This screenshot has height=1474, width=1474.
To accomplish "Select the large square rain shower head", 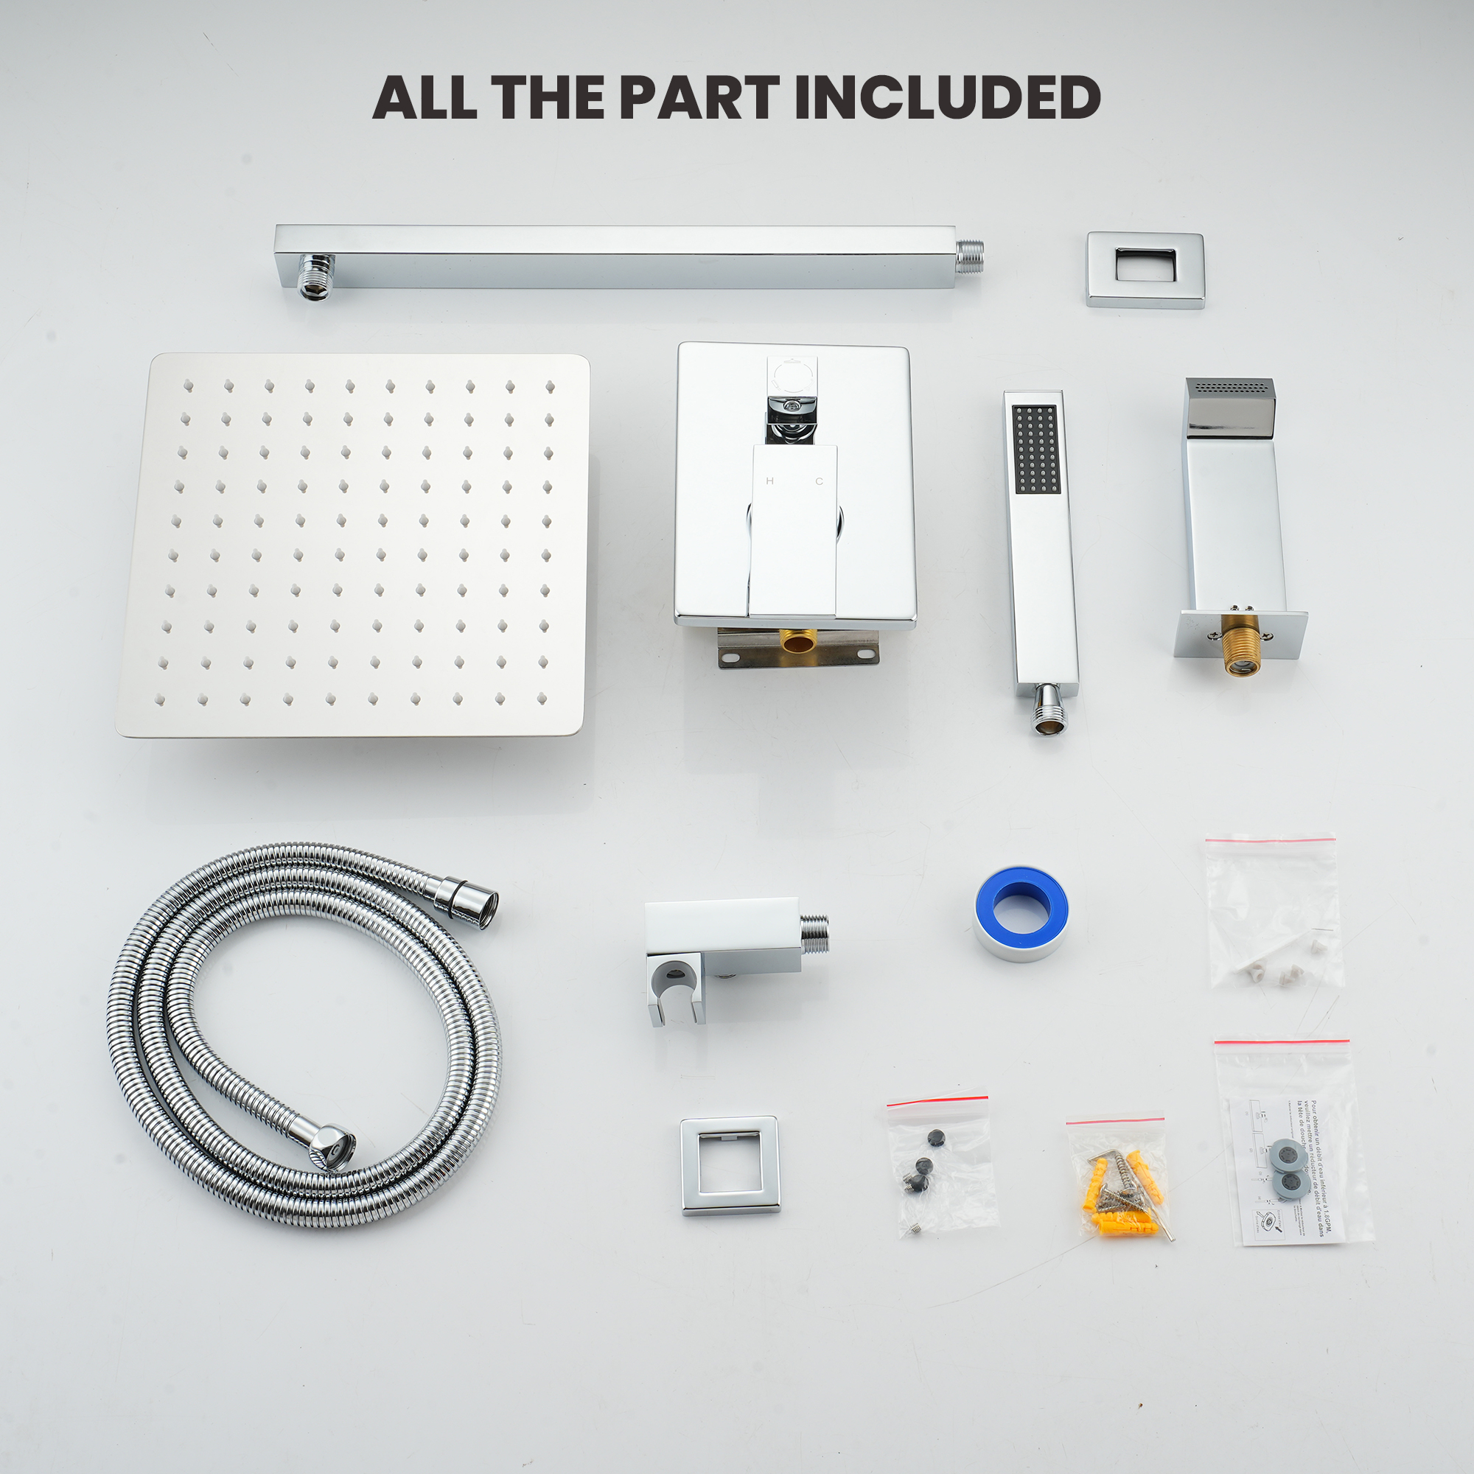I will [x=353, y=545].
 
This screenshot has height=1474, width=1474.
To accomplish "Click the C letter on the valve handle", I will [x=820, y=481].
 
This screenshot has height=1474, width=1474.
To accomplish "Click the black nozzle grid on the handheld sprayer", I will [x=1035, y=449].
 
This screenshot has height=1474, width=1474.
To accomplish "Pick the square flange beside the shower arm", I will [x=1145, y=269].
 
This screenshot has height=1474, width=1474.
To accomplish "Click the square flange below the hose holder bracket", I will [x=730, y=1165].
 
